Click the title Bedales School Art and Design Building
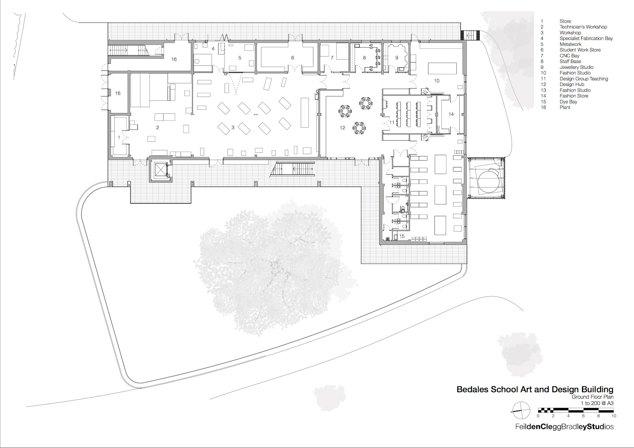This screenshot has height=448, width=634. tap(535, 390)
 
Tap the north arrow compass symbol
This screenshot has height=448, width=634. tap(521, 411)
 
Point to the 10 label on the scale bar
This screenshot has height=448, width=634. tap(613, 416)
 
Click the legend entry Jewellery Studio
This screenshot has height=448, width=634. tap(576, 67)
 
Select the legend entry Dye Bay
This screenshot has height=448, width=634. tap(568, 102)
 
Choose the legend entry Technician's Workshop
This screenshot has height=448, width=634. tap(583, 27)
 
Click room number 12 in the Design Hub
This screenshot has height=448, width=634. tap(343, 128)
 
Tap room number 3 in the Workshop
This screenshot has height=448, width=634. tap(233, 127)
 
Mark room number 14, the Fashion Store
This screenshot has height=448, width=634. tap(451, 114)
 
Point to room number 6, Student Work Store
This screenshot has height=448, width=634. tap(293, 58)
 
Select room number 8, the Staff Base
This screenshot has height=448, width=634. tap(364, 58)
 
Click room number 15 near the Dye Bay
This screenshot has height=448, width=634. tap(402, 236)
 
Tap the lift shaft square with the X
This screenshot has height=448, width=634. tap(160, 169)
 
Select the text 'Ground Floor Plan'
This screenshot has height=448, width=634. tap(592, 397)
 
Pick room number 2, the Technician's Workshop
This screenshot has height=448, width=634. tap(158, 127)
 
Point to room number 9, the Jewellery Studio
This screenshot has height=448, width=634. tap(397, 58)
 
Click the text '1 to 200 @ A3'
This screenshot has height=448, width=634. tap(597, 403)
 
